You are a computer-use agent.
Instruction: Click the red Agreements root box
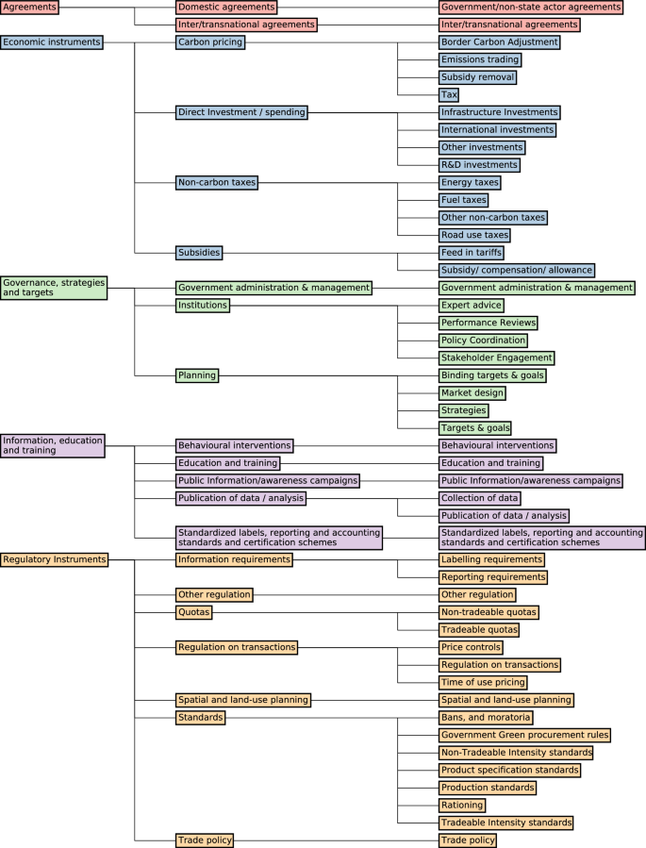click(x=29, y=7)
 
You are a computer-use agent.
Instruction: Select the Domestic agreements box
click(x=226, y=7)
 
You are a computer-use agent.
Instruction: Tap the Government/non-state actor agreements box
click(x=530, y=7)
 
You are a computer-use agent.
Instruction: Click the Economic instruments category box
click(x=51, y=42)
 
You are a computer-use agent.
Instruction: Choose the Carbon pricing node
click(x=210, y=42)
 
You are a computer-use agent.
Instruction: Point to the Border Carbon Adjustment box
click(x=499, y=42)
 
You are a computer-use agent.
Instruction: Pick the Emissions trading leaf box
click(x=479, y=59)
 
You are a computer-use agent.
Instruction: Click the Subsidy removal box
click(x=477, y=76)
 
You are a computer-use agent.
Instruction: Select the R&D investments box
click(x=479, y=165)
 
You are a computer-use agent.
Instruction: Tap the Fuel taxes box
click(x=464, y=200)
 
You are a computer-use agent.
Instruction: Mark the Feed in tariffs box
click(x=472, y=253)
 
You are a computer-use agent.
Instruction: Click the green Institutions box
click(x=202, y=306)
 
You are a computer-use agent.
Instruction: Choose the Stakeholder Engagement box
click(x=496, y=357)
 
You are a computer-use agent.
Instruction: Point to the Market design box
click(x=472, y=392)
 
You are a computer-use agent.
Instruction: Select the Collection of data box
click(x=479, y=498)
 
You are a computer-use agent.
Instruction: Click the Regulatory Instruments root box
click(x=56, y=559)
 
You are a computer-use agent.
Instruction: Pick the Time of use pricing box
click(x=483, y=682)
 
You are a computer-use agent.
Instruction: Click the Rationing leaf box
click(x=462, y=806)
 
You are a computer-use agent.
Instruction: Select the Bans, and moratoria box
click(x=486, y=718)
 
